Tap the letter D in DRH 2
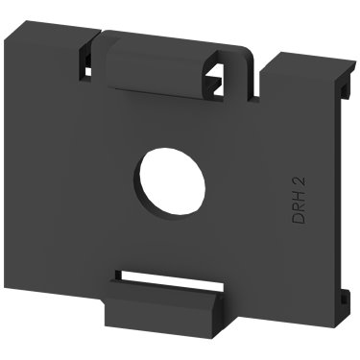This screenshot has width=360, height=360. point(299,217)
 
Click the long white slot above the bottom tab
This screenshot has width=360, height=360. point(169,277)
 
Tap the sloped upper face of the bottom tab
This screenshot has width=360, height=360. point(164,292)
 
